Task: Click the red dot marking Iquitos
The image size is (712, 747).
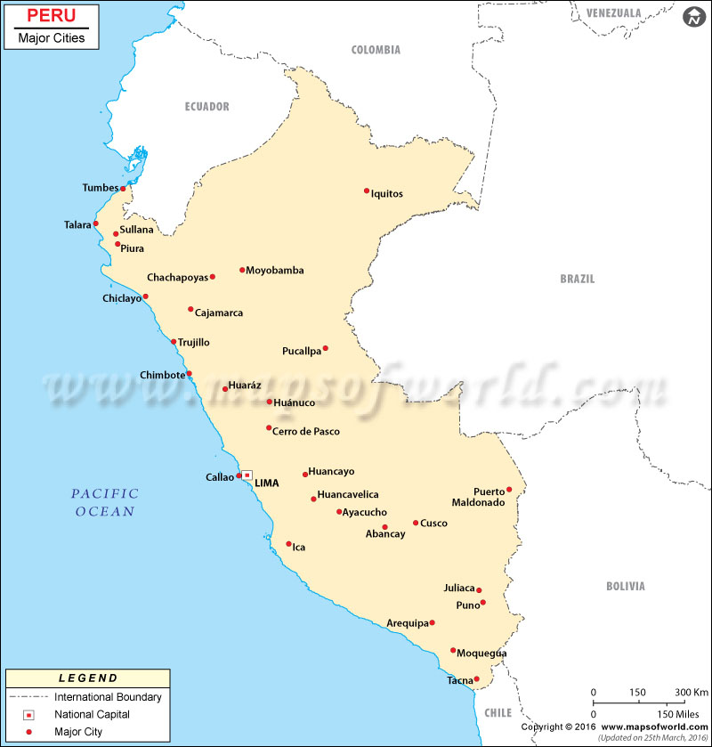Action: coord(367,191)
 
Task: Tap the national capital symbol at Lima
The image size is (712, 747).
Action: coord(247,475)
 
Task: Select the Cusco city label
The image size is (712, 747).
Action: coord(433,524)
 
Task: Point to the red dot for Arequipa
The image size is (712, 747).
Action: coord(432,622)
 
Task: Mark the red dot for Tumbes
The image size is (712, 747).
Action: coord(123,189)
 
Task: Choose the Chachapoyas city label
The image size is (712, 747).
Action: coord(177,277)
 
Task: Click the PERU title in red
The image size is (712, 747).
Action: coord(52,16)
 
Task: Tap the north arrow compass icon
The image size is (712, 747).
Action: coord(692,18)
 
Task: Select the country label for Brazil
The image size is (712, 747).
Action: coord(577,279)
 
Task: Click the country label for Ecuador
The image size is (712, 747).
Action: coord(206,107)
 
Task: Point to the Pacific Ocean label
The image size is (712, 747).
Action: coord(105,502)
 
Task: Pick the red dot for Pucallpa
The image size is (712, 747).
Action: coord(326,348)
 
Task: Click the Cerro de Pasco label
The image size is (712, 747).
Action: coord(306,432)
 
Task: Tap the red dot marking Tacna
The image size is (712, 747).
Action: coord(476,679)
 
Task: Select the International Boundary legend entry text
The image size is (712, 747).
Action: coord(108,697)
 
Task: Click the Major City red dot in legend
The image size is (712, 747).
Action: coord(29,732)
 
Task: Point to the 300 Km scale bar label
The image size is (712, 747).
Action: coord(690,692)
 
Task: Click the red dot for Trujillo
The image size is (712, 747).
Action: coord(174,342)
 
